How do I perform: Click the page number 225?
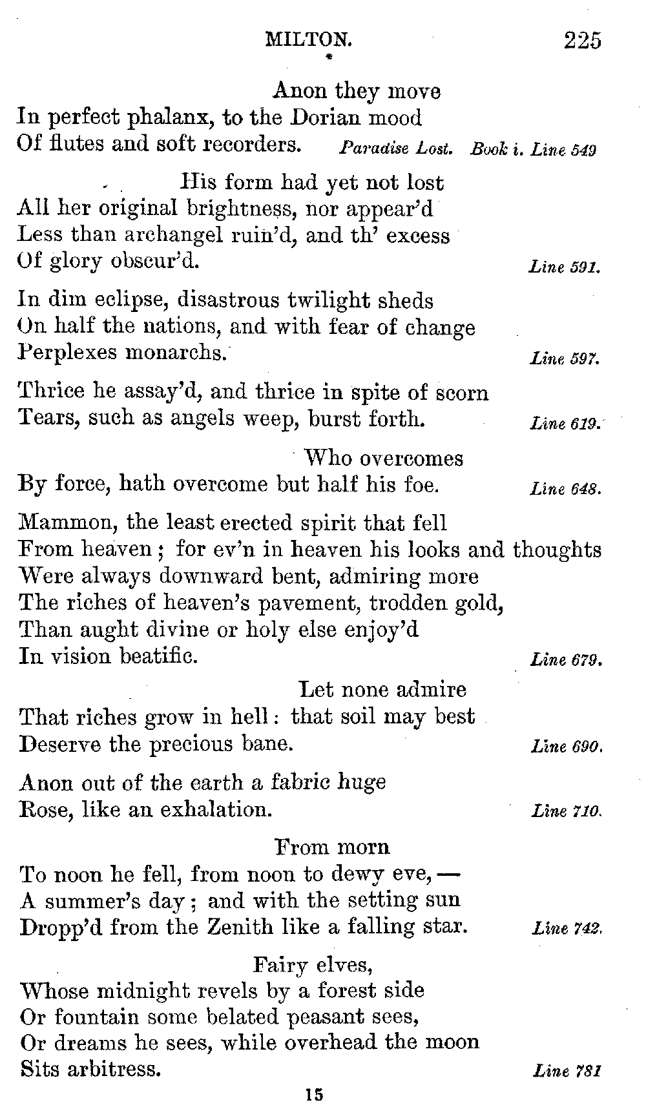[x=582, y=40]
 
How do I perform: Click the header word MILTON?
[x=309, y=40]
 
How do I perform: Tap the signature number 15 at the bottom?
[x=315, y=1095]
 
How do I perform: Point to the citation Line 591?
[x=565, y=267]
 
